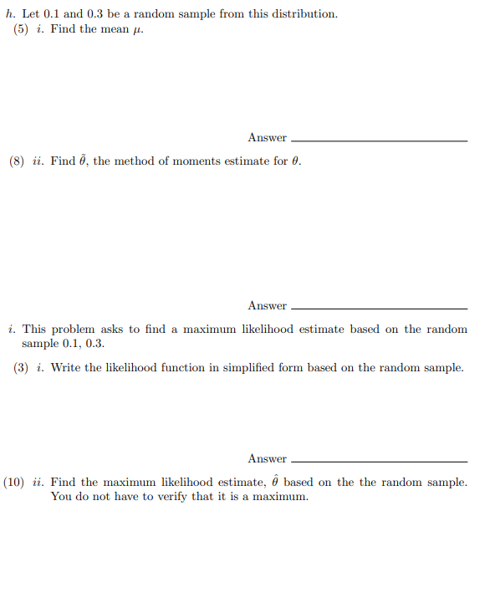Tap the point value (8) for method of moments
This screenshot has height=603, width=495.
click(17, 161)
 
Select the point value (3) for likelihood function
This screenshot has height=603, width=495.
click(22, 368)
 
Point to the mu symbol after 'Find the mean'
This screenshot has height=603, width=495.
click(127, 30)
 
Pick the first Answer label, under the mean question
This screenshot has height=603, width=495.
click(267, 138)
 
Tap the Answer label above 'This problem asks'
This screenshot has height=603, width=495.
click(267, 305)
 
